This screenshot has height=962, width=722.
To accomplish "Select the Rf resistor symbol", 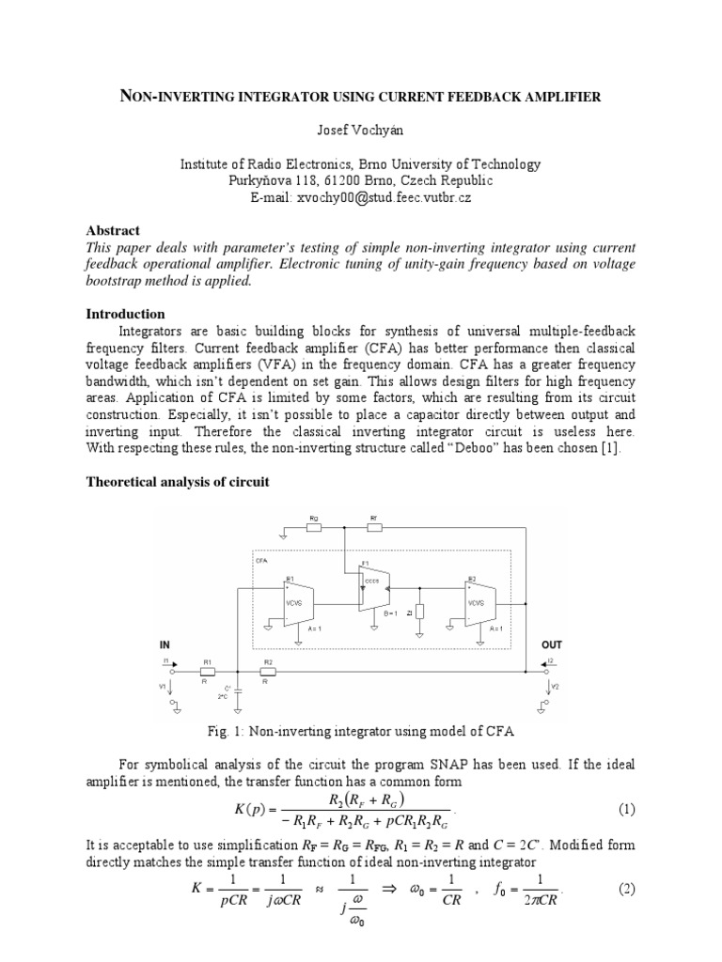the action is [x=373, y=527].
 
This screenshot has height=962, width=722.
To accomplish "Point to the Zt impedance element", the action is [x=420, y=613].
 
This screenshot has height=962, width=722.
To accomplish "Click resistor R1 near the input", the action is [x=208, y=673].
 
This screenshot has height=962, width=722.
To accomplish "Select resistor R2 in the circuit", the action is [x=268, y=673].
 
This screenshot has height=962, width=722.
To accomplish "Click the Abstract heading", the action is [x=113, y=230].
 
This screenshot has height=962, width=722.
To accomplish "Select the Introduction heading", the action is [x=125, y=314].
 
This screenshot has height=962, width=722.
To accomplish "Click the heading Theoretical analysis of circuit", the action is [x=178, y=482].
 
